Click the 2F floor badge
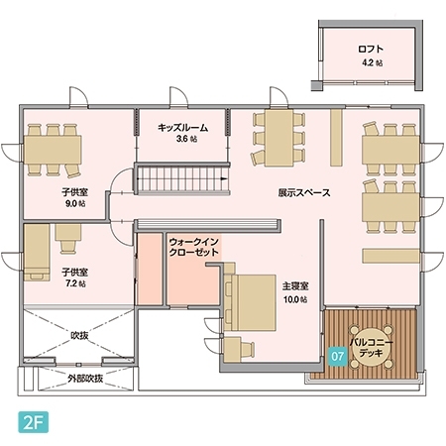coord(34,422)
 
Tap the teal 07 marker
coord(337,356)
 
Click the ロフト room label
coord(371,50)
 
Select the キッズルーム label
coord(182,128)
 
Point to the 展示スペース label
coord(304,192)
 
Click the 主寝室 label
coord(295,286)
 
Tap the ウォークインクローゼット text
coord(194,247)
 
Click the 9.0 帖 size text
coord(75,203)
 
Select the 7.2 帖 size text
coord(75,283)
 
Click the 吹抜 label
coord(79,335)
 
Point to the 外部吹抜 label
coord(85,379)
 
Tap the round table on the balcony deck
coord(372,347)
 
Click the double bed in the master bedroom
coord(250,302)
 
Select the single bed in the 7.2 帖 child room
coord(37,253)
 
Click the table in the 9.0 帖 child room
coord(54,150)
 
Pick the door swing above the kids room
coord(178,97)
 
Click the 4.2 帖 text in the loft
coord(373,62)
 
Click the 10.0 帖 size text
coord(295,299)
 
